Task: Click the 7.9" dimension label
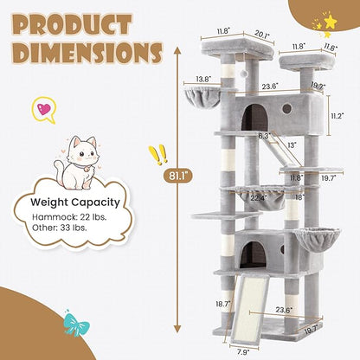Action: [x=241, y=351]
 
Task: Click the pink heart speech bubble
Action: [x=42, y=109]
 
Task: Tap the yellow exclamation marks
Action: [x=157, y=156]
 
